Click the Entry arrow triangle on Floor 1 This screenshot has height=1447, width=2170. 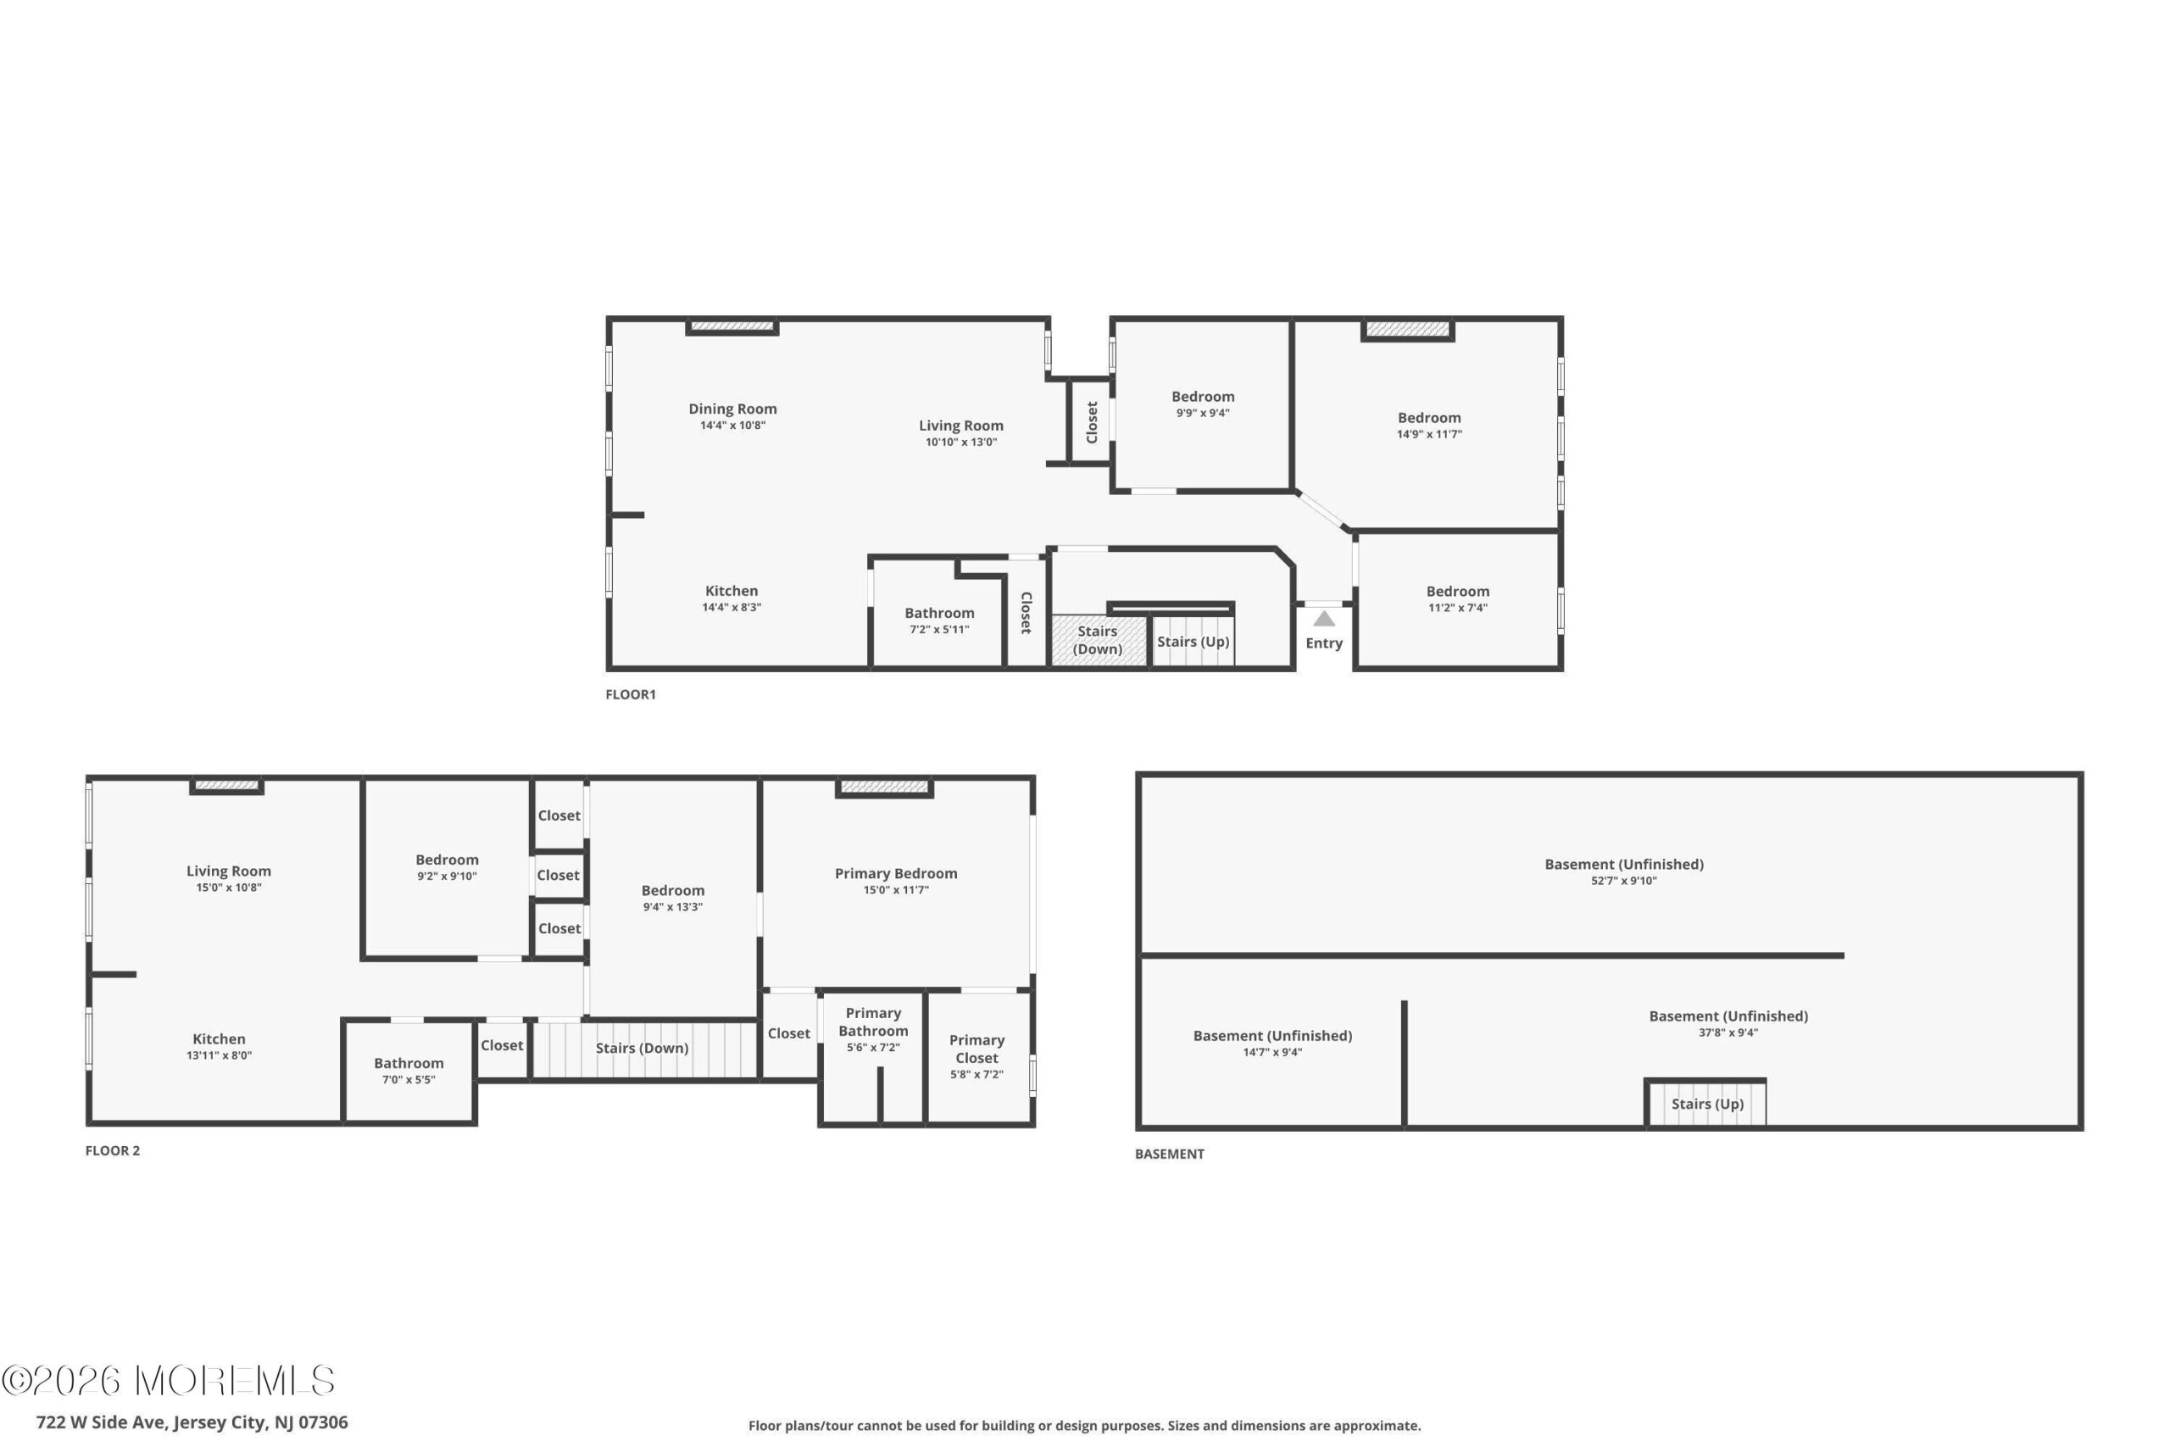(x=1324, y=618)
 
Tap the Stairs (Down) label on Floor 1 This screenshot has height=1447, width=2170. (x=1097, y=639)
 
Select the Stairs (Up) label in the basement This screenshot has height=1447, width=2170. (x=1707, y=1104)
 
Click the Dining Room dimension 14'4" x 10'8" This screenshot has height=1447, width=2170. (x=732, y=426)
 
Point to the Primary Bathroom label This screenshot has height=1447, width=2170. (x=873, y=1021)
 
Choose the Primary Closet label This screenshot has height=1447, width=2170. (x=976, y=1049)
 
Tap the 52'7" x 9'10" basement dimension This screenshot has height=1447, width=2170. (x=1624, y=881)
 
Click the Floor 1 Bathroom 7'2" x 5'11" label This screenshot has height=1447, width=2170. (x=939, y=621)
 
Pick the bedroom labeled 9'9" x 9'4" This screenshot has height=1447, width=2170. (x=1203, y=403)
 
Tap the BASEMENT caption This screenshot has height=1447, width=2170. (x=1169, y=1154)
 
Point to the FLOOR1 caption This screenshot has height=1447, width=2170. (x=630, y=694)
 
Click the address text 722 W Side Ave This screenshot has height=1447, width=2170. (x=102, y=1422)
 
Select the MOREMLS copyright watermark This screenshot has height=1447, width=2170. (x=168, y=1381)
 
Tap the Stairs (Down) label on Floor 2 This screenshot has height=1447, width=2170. (x=643, y=1048)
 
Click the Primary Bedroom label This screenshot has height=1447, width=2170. (x=896, y=873)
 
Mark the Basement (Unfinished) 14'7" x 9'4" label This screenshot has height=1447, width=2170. (x=1272, y=1043)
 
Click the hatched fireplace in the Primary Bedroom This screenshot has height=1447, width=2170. (x=884, y=788)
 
